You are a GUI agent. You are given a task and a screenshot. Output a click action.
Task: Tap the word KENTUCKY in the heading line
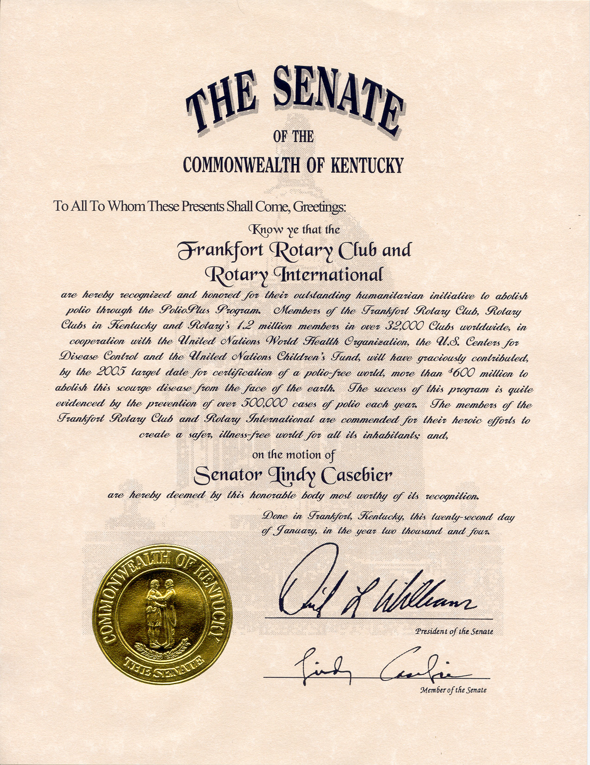point(366,165)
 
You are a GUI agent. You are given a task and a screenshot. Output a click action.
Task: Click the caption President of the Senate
point(454,631)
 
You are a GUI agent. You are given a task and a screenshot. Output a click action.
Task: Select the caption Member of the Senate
point(453,690)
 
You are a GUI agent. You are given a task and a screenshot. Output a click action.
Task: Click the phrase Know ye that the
point(295,229)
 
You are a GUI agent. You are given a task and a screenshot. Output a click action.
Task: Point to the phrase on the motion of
point(293,455)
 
